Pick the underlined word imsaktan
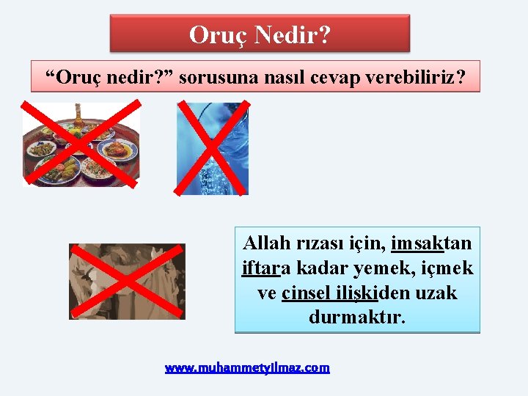pos(431,243)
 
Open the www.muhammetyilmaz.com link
pos(247,367)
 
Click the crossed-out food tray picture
pos(81,144)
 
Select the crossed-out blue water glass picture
pos(213,149)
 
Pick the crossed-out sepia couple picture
pos(127,282)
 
